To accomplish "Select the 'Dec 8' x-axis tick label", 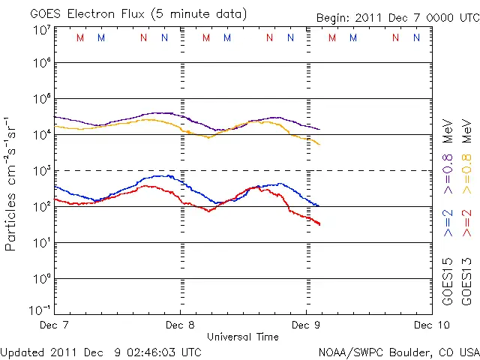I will (x=180, y=325).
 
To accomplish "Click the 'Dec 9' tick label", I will (x=306, y=325).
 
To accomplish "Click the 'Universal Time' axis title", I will (x=242, y=337).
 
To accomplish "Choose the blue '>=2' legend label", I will (x=448, y=223).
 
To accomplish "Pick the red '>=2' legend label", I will (x=467, y=223).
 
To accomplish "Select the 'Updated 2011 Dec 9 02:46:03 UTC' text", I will (x=100, y=351).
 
